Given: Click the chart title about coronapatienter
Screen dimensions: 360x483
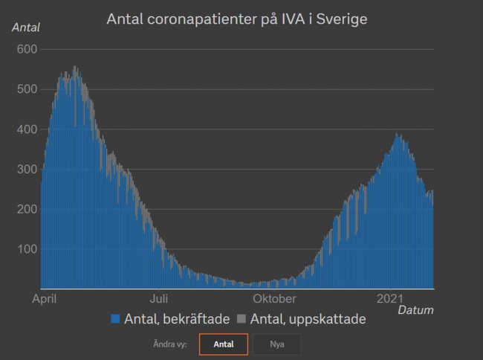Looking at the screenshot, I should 237,19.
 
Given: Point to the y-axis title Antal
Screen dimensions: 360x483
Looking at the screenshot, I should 26,28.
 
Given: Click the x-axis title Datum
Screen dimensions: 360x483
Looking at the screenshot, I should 415,309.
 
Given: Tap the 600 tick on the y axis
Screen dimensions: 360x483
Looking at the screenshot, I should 27,49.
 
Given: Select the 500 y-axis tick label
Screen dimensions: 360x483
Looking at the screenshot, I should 27,89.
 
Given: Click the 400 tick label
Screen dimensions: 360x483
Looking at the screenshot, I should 27,129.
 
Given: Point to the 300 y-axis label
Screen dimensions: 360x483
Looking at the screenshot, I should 27,170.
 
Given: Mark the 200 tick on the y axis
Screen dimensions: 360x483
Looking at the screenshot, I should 27,210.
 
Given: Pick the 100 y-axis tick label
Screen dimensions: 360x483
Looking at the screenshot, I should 27,249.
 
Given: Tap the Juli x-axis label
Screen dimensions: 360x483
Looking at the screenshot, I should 158,299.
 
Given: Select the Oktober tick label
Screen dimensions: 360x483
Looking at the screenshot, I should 273,299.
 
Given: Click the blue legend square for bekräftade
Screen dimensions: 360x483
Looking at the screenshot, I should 115,319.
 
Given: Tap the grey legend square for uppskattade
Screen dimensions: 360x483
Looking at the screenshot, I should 241,319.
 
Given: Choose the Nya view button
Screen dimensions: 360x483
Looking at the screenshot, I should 277,344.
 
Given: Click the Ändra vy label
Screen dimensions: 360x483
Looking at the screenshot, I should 170,344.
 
